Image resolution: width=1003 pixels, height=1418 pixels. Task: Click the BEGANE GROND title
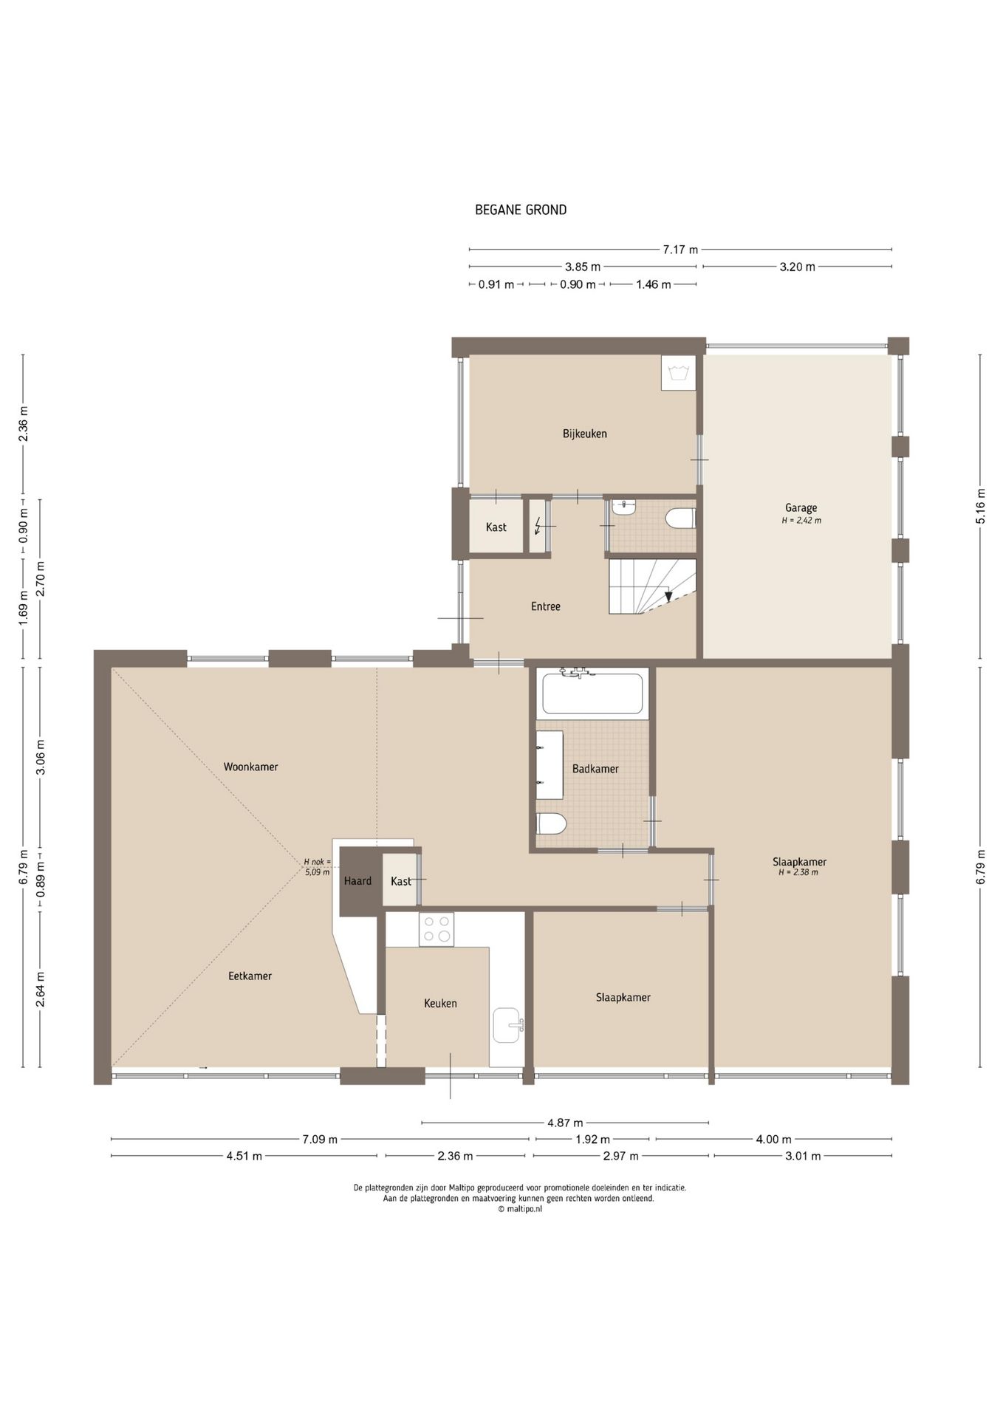(521, 210)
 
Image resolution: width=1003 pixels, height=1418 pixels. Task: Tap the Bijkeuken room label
(585, 434)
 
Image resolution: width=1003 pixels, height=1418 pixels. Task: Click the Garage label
(801, 508)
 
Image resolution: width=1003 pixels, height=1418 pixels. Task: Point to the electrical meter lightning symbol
(538, 526)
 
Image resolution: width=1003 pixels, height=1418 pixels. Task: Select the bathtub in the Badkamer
(592, 693)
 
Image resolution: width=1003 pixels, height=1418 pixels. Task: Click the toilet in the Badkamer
(551, 823)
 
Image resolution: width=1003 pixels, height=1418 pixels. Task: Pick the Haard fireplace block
(357, 881)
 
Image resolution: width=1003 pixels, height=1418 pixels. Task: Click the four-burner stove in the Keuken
(436, 929)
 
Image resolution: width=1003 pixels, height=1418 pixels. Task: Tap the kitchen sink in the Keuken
(508, 1025)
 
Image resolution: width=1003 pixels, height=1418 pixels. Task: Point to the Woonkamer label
(251, 767)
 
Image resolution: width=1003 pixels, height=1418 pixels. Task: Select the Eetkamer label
(250, 976)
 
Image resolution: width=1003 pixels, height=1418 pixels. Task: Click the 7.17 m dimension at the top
(680, 250)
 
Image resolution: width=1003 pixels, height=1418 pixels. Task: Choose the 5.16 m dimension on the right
(981, 507)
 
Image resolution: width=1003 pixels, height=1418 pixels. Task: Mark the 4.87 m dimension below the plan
(565, 1123)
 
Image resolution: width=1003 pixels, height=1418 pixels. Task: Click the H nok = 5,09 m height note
(318, 866)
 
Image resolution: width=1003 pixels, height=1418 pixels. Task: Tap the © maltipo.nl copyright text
(520, 1209)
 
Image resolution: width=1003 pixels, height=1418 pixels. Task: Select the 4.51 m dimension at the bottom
(244, 1156)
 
